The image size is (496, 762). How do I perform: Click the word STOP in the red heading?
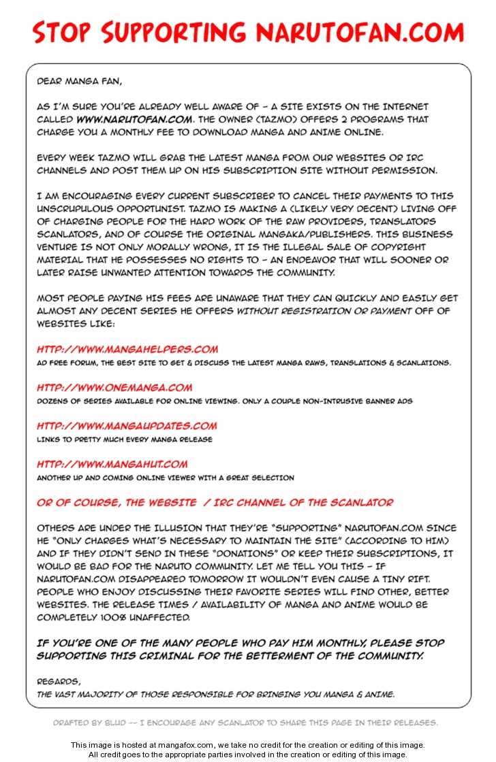click(x=63, y=33)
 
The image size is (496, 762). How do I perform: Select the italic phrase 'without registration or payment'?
click(x=323, y=311)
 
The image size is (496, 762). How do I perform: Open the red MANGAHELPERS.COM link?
click(x=127, y=349)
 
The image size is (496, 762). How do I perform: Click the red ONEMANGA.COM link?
click(x=114, y=387)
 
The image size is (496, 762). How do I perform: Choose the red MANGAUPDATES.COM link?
click(x=127, y=426)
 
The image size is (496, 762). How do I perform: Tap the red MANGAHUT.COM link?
click(x=112, y=464)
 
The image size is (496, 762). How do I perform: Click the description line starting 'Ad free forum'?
click(x=243, y=363)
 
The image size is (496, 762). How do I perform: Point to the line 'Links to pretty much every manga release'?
click(x=125, y=440)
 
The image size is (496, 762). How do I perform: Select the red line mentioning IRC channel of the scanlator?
click(x=215, y=503)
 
